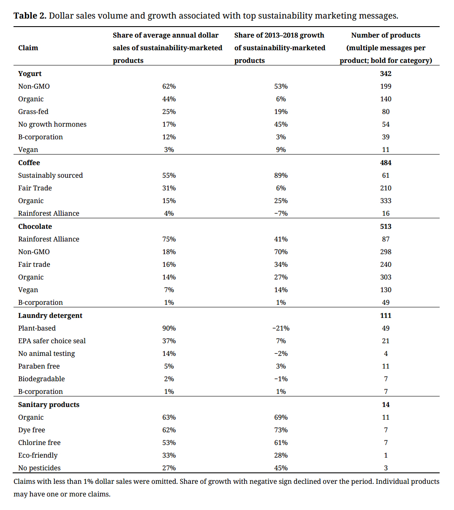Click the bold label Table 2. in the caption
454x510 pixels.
(30, 16)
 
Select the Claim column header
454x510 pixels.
(28, 48)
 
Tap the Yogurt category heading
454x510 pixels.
(30, 74)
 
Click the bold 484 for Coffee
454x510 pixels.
(386, 163)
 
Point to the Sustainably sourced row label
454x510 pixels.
(50, 176)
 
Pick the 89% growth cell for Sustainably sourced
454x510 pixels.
(281, 176)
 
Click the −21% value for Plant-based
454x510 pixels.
(281, 328)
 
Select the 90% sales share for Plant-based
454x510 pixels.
(169, 328)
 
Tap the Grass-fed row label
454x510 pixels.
(33, 112)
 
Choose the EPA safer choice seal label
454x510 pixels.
(52, 341)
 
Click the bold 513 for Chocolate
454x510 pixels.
(386, 226)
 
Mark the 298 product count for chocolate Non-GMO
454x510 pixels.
(386, 252)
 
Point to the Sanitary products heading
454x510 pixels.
(49, 404)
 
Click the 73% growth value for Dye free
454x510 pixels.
(281, 430)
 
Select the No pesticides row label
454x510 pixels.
(39, 468)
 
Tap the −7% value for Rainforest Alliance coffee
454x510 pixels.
(281, 214)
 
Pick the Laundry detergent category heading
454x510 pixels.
(50, 315)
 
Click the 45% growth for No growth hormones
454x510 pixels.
(281, 125)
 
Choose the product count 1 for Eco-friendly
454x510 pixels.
(386, 456)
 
